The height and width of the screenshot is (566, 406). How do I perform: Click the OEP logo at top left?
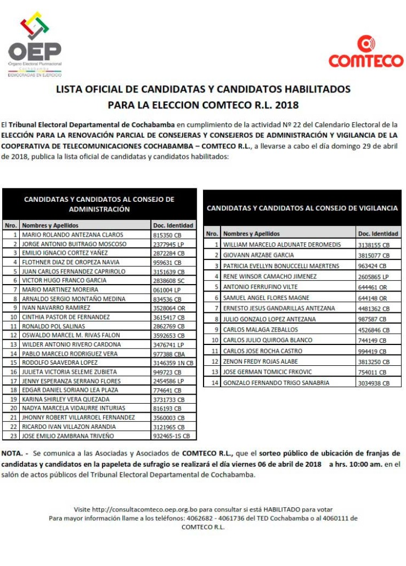(35, 45)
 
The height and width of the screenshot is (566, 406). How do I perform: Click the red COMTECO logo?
(366, 52)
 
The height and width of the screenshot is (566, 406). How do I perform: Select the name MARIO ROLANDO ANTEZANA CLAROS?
(72, 235)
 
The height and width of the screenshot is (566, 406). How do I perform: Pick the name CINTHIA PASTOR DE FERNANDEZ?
(66, 317)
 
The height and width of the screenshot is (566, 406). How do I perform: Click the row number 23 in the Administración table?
(12, 436)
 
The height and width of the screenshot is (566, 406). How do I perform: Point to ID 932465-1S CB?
(171, 436)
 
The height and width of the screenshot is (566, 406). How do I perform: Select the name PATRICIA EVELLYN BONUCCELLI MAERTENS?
(281, 266)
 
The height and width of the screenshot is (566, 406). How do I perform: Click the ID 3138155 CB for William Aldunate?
(373, 245)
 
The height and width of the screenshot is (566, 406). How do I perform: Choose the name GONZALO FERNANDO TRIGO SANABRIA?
(276, 383)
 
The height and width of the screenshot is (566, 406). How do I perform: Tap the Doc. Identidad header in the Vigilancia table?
(378, 234)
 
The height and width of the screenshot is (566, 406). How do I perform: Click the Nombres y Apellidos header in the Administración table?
(50, 225)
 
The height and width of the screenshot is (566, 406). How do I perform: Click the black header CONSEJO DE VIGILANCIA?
(302, 208)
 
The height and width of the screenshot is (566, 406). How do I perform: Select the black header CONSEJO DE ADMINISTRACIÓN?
(99, 204)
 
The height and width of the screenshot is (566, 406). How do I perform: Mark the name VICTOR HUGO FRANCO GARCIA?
(64, 280)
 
